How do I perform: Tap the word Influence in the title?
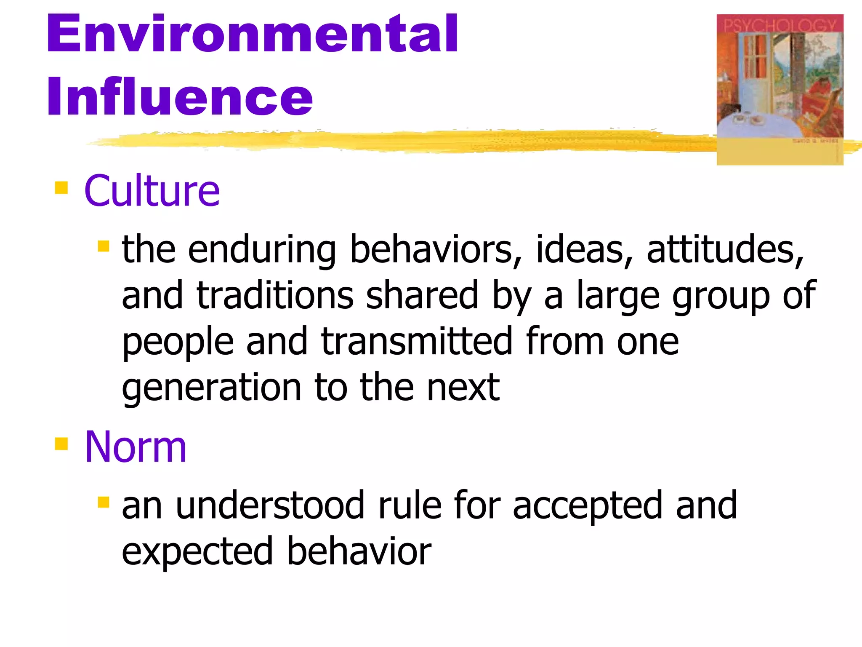(180, 97)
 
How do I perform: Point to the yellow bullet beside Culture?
(61, 188)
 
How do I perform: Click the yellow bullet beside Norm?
(61, 444)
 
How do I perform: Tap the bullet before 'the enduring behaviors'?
(103, 246)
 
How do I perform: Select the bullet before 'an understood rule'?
(103, 502)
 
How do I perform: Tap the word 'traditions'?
(275, 296)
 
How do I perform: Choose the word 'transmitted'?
(417, 341)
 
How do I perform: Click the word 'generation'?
(212, 388)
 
